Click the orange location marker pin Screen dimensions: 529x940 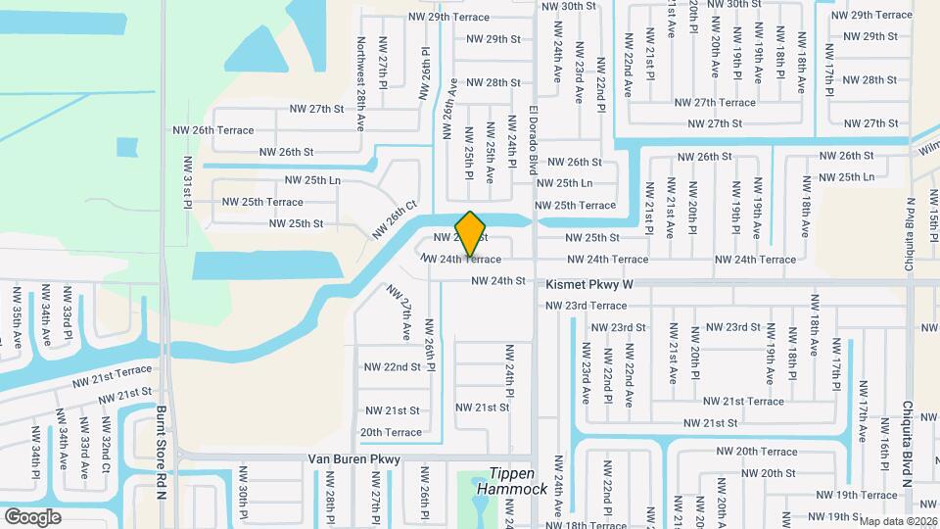(471, 233)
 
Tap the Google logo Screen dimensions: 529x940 (32, 516)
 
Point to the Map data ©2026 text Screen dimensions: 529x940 (897, 521)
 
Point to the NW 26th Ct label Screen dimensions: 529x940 (395, 220)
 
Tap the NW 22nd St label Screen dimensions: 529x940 (392, 366)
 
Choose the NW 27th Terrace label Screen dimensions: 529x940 (712, 102)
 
